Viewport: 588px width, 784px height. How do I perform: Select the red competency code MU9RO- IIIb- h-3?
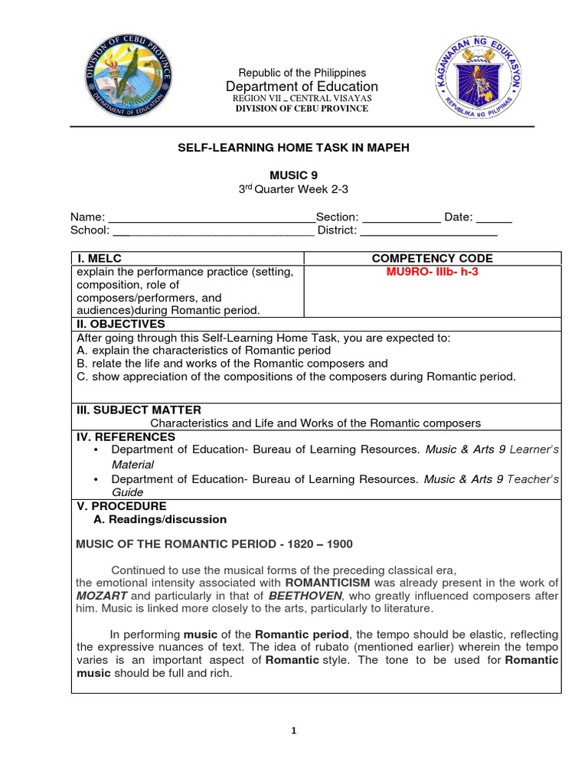click(x=433, y=272)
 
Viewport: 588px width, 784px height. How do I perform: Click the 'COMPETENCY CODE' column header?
click(x=433, y=258)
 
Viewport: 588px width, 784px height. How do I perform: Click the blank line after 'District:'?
click(x=429, y=230)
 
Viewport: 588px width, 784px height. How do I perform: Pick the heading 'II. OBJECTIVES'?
click(x=121, y=324)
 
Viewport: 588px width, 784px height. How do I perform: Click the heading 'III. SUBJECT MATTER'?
click(x=139, y=410)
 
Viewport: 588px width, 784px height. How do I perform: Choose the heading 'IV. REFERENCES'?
click(x=126, y=436)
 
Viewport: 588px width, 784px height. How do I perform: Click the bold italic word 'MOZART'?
click(x=101, y=595)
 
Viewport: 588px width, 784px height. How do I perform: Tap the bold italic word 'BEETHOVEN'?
click(x=305, y=595)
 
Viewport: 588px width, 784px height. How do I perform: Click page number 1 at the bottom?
click(x=294, y=730)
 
